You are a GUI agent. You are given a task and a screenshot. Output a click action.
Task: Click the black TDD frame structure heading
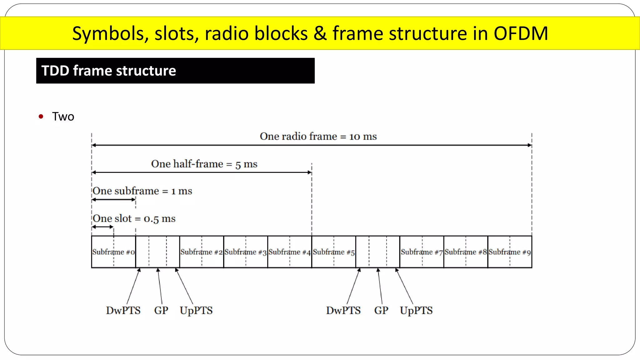pos(175,71)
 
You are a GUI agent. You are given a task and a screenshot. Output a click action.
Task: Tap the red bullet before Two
pos(41,117)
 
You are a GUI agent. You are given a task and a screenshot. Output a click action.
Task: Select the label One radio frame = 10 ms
pos(318,137)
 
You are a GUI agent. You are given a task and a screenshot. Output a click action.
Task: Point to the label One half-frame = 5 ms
pos(204,164)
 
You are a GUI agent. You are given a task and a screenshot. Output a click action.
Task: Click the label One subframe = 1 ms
pos(142,191)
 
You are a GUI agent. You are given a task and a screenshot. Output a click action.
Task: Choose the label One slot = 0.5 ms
pos(134,218)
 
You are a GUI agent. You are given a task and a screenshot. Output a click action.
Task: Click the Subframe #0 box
pos(113,252)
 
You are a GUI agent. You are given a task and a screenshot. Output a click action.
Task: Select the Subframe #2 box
pos(202,252)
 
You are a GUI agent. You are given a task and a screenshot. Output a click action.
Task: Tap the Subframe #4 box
pos(290,252)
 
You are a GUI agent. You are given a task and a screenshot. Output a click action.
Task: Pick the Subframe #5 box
pos(334,252)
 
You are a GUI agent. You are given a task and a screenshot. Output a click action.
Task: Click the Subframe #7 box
pos(422,252)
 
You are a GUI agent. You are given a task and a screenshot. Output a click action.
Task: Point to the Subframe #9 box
pos(510,252)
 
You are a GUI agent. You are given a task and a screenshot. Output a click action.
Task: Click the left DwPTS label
pos(123,310)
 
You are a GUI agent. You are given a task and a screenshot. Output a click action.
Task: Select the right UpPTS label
pos(416,310)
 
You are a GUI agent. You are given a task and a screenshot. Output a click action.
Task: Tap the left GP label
pos(161,310)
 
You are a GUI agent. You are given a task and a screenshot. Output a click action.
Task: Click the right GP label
pos(381,310)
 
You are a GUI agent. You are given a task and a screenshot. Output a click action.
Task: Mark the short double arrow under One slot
pos(102,227)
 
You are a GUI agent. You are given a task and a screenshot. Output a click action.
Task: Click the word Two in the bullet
pos(63,117)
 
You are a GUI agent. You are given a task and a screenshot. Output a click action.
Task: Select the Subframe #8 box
pos(466,252)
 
